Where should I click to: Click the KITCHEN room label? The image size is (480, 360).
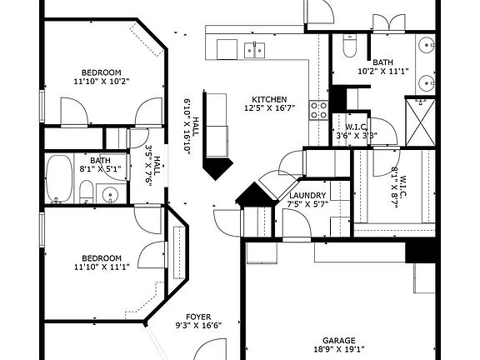[x=269, y=99]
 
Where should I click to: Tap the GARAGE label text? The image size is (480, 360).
[x=339, y=340]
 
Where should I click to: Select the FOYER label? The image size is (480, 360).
[x=198, y=317]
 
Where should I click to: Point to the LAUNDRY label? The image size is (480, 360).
[x=307, y=195]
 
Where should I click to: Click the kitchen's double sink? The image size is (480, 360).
[x=254, y=50]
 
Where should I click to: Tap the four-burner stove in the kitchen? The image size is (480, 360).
[x=318, y=110]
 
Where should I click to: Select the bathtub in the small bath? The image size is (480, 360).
[x=59, y=178]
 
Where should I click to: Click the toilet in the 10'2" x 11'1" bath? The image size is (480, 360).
[x=350, y=45]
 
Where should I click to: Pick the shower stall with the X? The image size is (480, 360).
[x=420, y=122]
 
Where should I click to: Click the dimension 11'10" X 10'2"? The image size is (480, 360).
[x=102, y=82]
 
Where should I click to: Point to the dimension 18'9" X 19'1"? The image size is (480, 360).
[x=339, y=348]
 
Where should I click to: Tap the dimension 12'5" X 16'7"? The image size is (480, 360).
[x=269, y=107]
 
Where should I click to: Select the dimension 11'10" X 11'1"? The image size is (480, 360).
[x=102, y=267]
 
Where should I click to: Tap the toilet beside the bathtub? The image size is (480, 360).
[x=87, y=192]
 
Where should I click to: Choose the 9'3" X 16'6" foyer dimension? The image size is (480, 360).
[x=198, y=325]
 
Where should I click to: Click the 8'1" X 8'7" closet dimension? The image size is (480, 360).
[x=395, y=187]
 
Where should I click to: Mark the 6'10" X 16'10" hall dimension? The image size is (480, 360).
[x=187, y=125]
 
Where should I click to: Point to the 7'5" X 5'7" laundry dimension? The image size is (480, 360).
[x=307, y=203]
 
